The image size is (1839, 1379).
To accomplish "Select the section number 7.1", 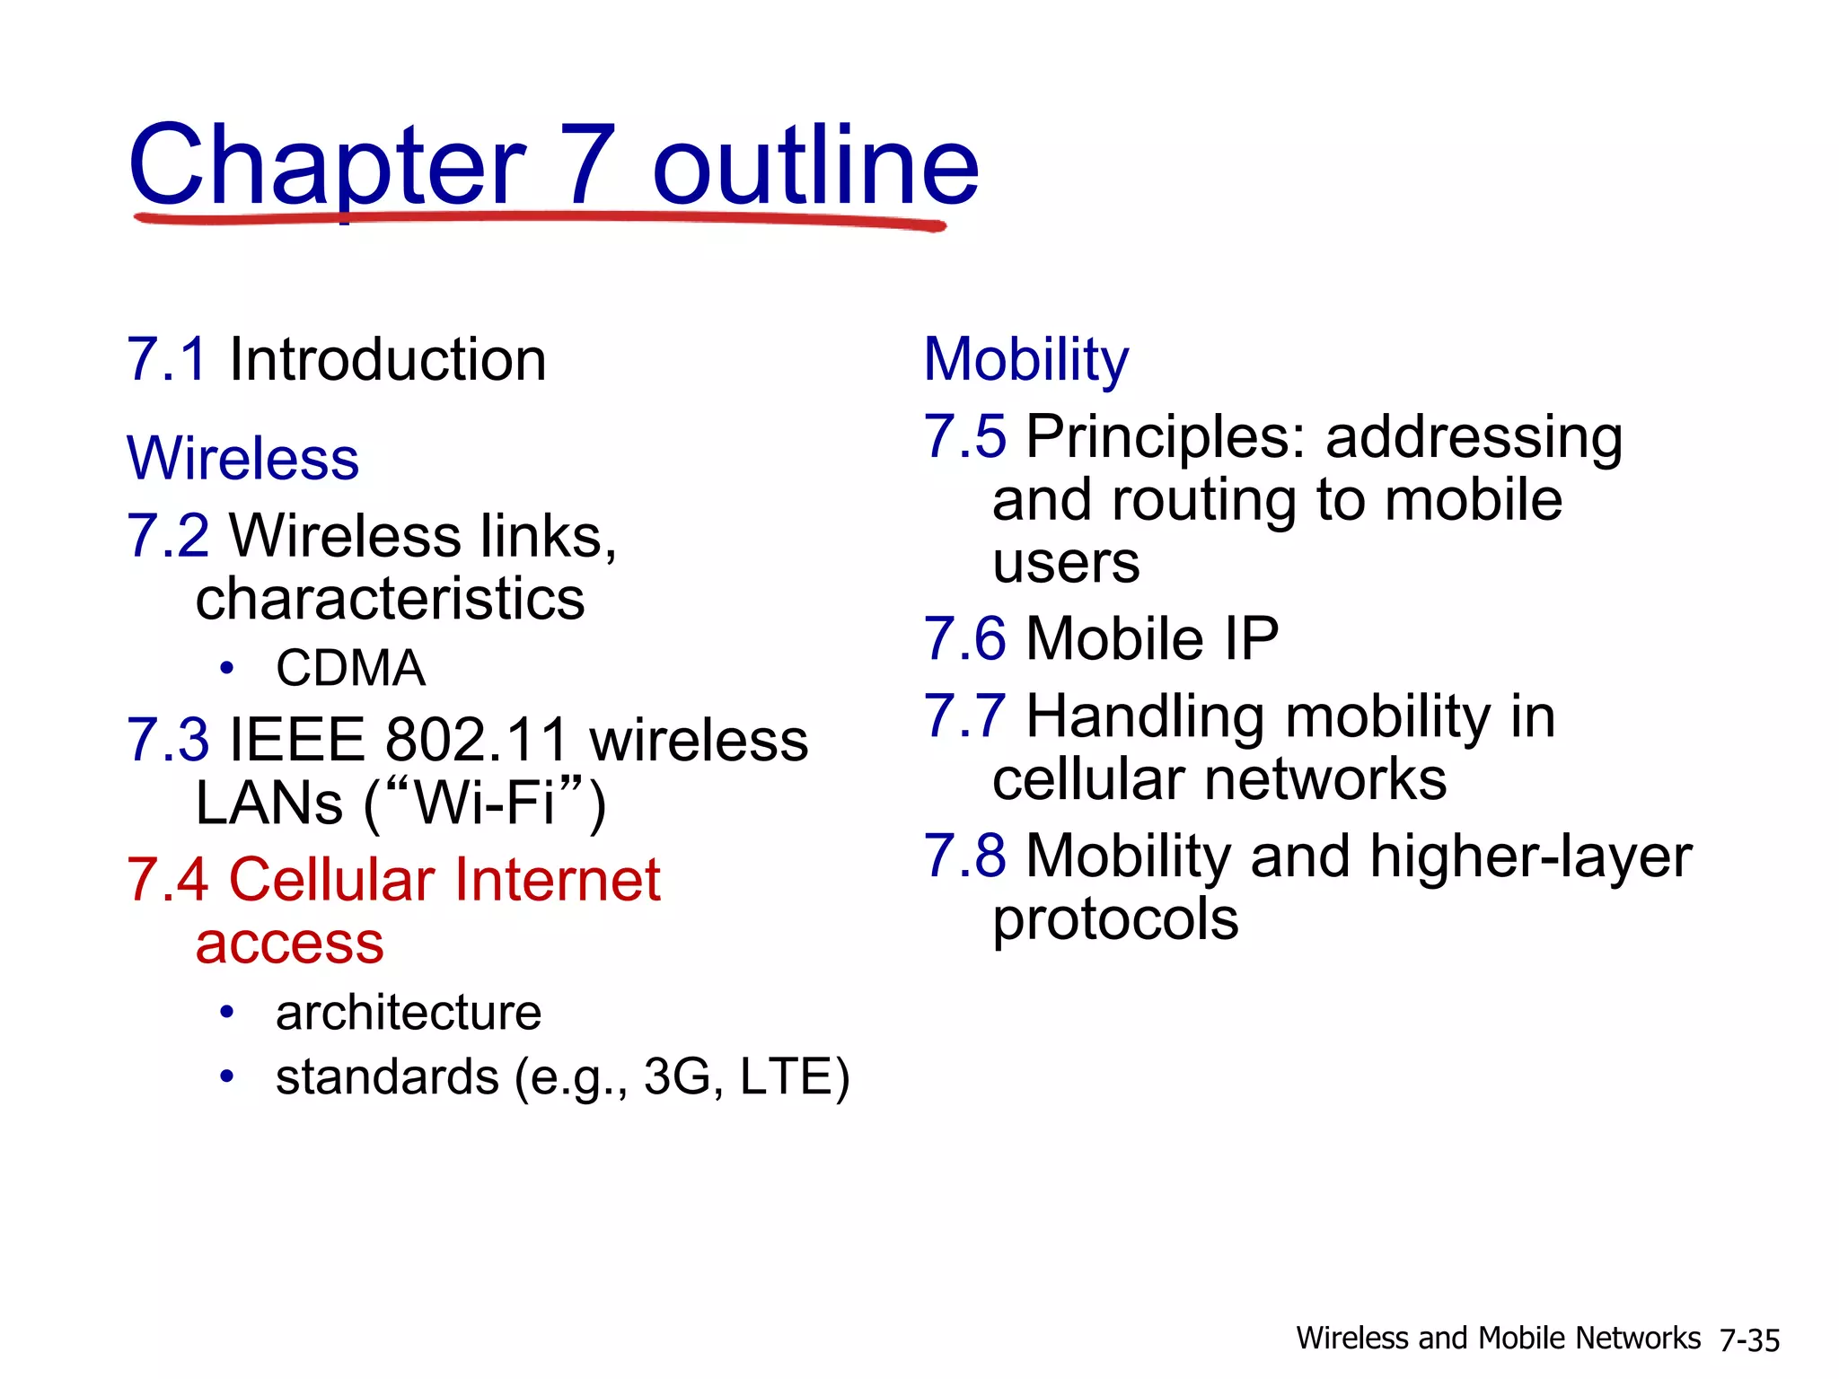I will (167, 360).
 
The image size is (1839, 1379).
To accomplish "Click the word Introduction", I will (388, 360).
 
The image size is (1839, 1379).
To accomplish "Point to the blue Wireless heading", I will (242, 459).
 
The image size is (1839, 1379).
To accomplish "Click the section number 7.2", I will (168, 536).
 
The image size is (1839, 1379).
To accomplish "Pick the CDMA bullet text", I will (350, 668).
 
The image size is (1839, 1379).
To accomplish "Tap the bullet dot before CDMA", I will (227, 668).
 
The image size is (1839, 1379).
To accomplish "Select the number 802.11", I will (477, 741).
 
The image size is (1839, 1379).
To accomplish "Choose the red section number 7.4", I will (168, 880).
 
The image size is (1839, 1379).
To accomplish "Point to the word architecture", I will (409, 1013).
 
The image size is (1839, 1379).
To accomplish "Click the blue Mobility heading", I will (1025, 360).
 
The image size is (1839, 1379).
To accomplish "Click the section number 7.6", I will (964, 639).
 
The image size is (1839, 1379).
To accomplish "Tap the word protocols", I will (1115, 919).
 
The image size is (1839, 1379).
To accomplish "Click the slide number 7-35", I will (1749, 1340).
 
